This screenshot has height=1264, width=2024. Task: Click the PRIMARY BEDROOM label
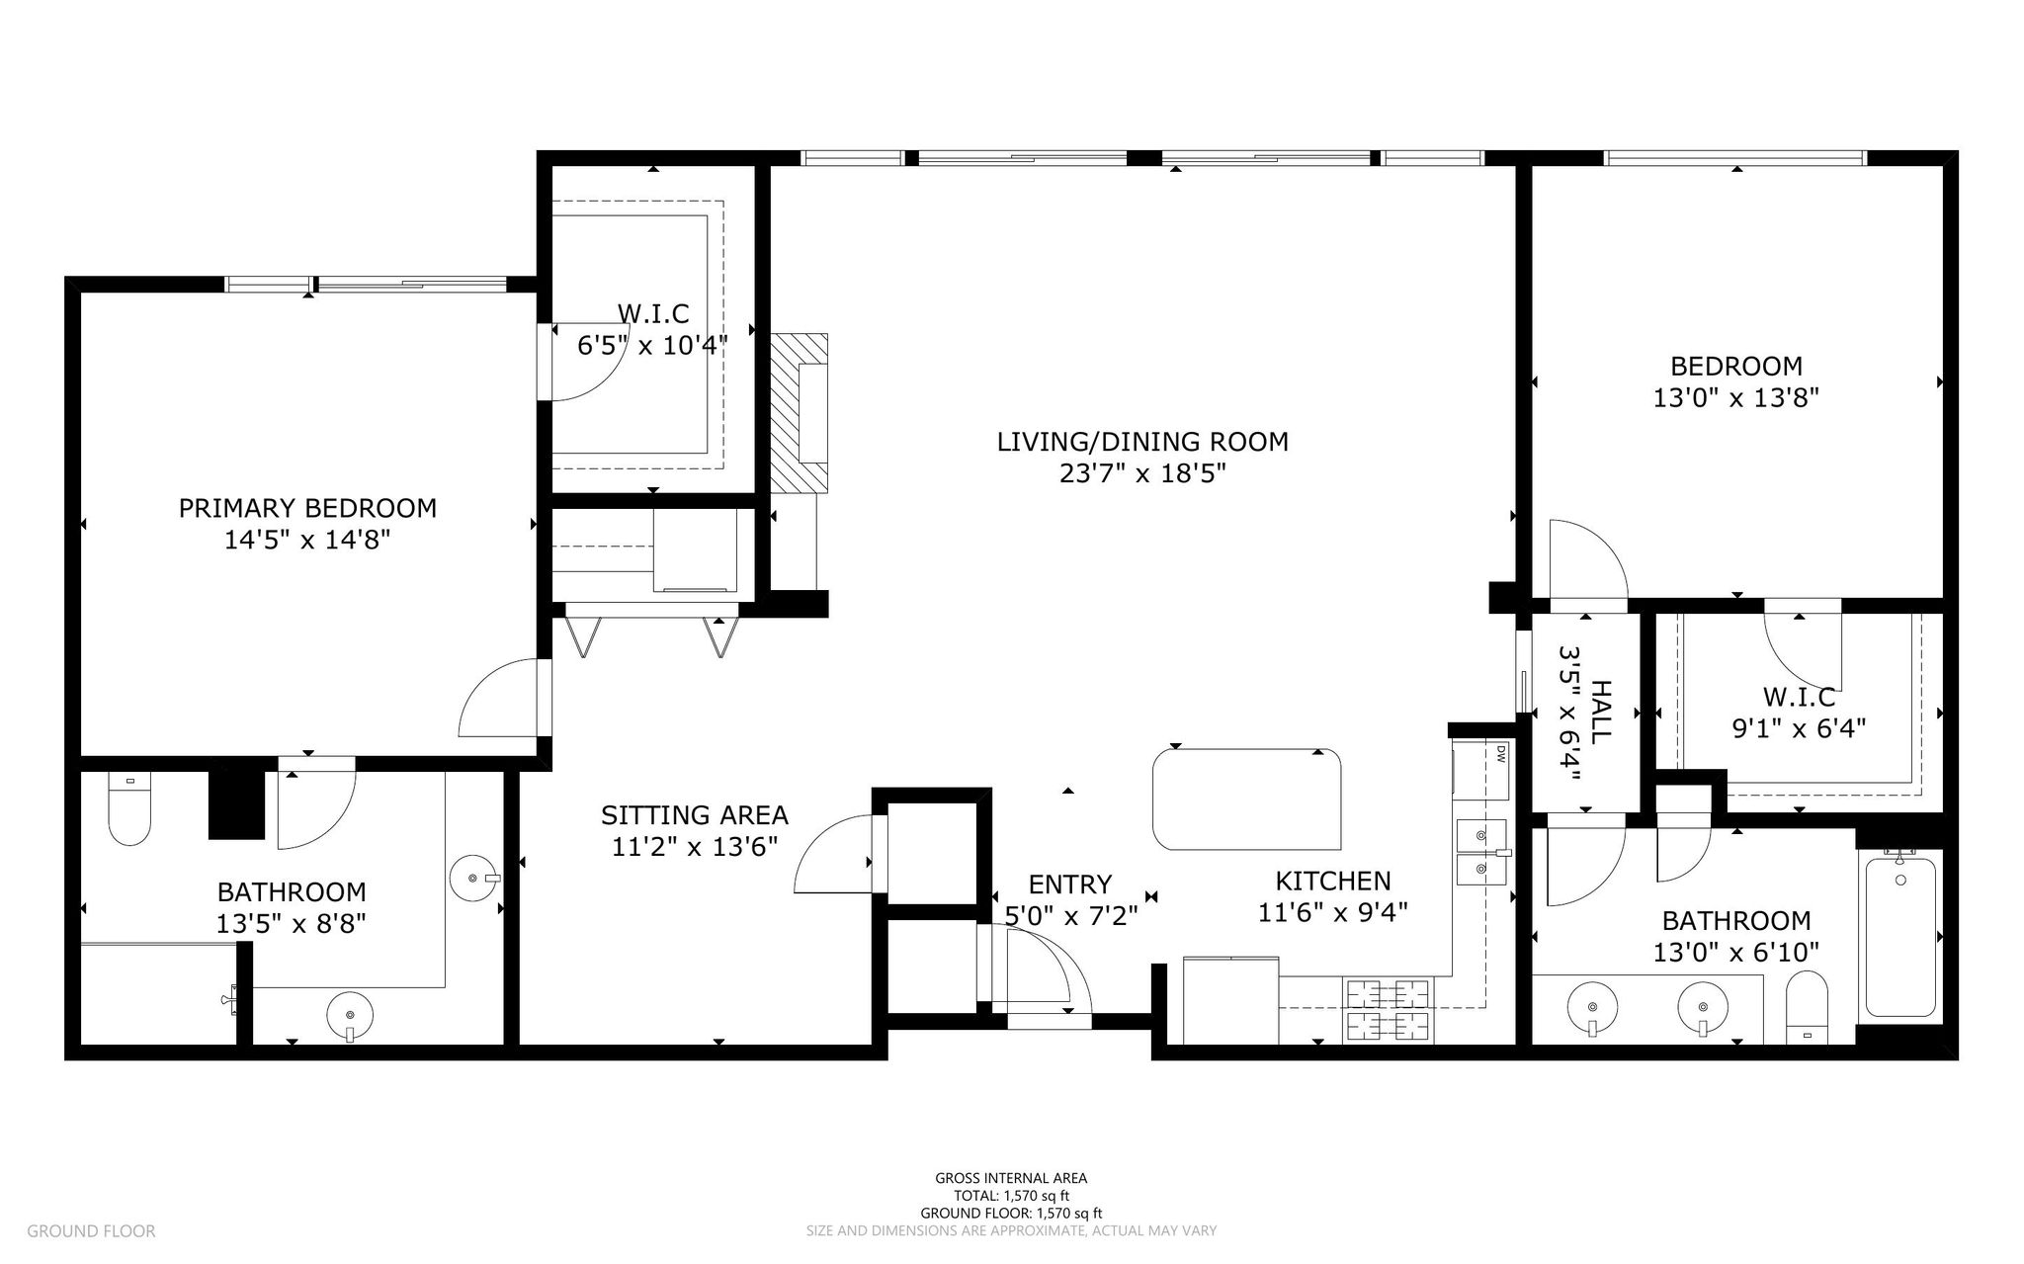point(307,508)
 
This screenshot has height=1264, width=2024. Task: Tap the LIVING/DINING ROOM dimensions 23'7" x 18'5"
point(1142,473)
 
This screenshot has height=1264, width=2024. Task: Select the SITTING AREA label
point(695,815)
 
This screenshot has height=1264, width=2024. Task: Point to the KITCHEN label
point(1333,881)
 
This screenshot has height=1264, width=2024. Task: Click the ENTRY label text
point(1070,884)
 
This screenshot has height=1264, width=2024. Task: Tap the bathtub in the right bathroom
point(1898,936)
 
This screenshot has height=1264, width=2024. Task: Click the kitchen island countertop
point(1247,799)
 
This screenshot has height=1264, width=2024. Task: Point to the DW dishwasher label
point(1500,755)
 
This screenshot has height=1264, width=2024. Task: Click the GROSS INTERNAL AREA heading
point(1011,1178)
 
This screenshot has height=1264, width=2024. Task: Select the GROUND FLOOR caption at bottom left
point(91,1231)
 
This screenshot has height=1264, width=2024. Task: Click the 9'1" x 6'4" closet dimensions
point(1799,728)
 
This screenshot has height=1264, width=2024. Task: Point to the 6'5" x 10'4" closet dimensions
point(652,346)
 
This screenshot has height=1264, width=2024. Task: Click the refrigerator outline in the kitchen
point(1230,999)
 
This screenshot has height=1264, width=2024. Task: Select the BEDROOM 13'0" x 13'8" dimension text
point(1736,397)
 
